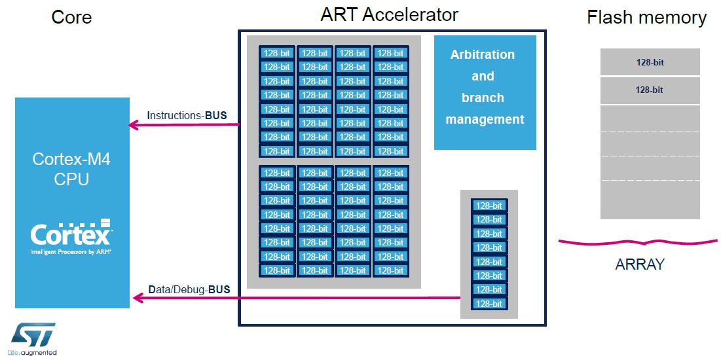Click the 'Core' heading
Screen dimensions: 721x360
[71, 17]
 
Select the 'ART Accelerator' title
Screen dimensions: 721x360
[389, 14]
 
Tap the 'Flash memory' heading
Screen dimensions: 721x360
[647, 18]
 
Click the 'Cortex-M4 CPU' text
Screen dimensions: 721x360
[72, 169]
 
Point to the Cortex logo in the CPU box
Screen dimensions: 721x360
[71, 236]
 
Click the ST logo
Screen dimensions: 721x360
[33, 334]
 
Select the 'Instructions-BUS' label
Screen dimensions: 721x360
[187, 115]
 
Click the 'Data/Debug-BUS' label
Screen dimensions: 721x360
[189, 290]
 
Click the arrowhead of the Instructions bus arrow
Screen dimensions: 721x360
[134, 124]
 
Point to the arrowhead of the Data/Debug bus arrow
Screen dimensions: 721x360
[138, 298]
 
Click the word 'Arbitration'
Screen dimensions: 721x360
[483, 54]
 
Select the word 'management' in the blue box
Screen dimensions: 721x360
[485, 120]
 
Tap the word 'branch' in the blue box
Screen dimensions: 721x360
[483, 98]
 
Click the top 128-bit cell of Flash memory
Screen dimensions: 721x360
[650, 62]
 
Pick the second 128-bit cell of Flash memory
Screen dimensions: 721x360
[650, 90]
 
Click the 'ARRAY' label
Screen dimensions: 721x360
[640, 264]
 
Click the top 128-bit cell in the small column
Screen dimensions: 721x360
[489, 206]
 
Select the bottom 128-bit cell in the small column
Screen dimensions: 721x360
[489, 304]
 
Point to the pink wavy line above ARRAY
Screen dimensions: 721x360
[638, 242]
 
